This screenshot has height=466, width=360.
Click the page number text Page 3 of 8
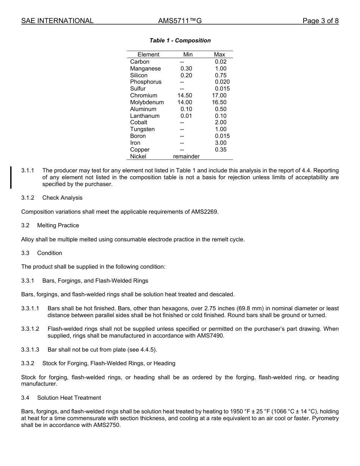[x=320, y=21]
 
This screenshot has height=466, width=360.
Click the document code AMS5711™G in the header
[x=180, y=21]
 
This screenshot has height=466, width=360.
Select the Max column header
[x=219, y=55]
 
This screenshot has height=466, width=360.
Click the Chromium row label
[x=144, y=95]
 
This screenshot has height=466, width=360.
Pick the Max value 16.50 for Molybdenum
[x=219, y=102]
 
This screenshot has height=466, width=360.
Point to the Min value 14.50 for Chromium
[x=185, y=95]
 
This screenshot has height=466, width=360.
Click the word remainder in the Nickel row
[x=186, y=156]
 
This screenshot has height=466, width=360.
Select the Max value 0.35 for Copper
[x=221, y=150]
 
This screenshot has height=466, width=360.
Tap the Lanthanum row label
[x=145, y=116]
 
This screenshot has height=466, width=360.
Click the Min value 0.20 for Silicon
[x=186, y=75]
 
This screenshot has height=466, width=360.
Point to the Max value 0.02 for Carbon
[x=221, y=62]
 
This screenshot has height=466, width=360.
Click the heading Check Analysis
[x=62, y=198]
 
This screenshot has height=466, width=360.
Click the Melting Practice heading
[x=58, y=225]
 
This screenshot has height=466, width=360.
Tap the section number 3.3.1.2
[x=30, y=329]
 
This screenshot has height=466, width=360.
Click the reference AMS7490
[x=210, y=336]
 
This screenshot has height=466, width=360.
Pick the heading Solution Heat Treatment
[x=69, y=398]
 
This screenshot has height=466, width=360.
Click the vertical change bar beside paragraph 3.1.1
[x=11, y=177]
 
